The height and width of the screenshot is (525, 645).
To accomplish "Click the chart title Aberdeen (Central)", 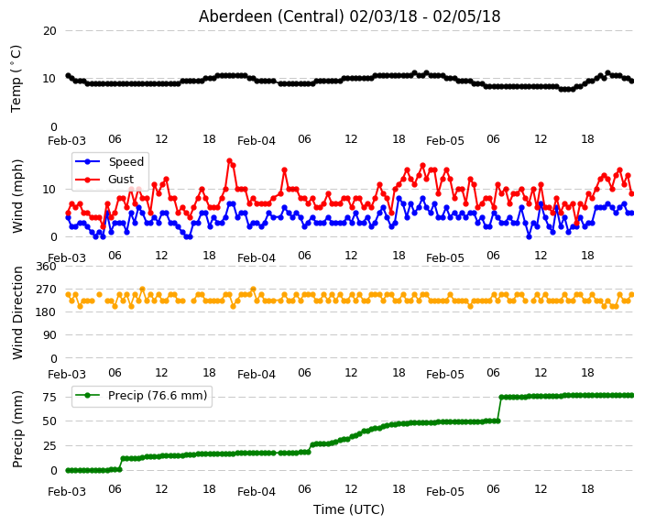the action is click(271, 16).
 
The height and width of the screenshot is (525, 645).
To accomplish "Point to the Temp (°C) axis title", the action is click(16, 79).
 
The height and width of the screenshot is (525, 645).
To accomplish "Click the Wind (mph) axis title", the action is click(17, 196).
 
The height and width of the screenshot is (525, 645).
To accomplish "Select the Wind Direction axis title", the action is click(17, 312).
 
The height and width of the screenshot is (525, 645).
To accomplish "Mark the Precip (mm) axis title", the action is click(17, 429).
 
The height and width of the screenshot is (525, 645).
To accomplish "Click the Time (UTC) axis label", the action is click(349, 509).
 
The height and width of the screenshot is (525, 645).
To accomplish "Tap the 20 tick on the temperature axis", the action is click(49, 31).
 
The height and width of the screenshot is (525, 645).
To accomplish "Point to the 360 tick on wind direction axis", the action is click(46, 267).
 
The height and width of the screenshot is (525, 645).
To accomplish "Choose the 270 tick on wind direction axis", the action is click(46, 290).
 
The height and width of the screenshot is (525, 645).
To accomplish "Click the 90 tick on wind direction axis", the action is click(49, 335).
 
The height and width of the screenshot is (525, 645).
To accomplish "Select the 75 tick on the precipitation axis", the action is click(49, 397).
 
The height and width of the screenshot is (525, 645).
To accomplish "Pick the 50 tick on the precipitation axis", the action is click(49, 421).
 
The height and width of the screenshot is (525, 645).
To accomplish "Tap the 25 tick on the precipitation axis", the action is click(49, 445).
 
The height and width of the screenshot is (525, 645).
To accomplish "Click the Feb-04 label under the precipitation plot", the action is click(257, 492).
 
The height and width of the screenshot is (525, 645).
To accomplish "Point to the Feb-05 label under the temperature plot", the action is click(445, 141).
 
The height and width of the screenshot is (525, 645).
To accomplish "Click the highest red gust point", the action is click(230, 161).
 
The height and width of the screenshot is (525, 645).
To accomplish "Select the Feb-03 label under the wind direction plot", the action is click(67, 375).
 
